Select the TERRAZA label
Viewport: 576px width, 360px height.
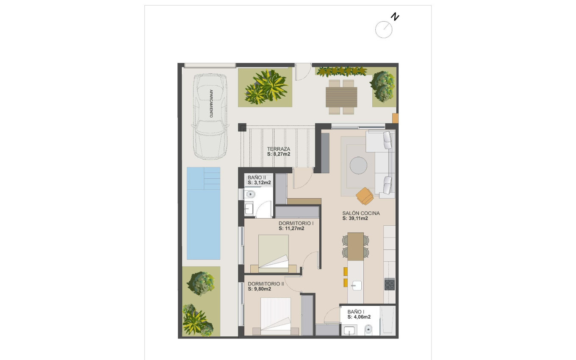[x=278, y=149]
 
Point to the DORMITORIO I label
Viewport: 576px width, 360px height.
[x=296, y=223]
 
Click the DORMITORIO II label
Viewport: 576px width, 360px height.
[x=266, y=284]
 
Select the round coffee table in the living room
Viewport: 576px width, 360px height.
[x=359, y=165]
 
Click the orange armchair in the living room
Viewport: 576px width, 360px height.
[x=364, y=196]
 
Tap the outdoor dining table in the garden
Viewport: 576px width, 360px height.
[x=341, y=97]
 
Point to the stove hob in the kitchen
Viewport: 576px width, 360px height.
[x=389, y=284]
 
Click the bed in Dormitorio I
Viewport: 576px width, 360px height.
[x=273, y=253]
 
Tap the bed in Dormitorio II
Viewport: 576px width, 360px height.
[x=275, y=316]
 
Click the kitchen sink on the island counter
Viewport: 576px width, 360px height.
[x=355, y=285]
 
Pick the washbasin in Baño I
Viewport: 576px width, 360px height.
[x=349, y=330]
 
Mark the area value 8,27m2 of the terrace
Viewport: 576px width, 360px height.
[x=278, y=155]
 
